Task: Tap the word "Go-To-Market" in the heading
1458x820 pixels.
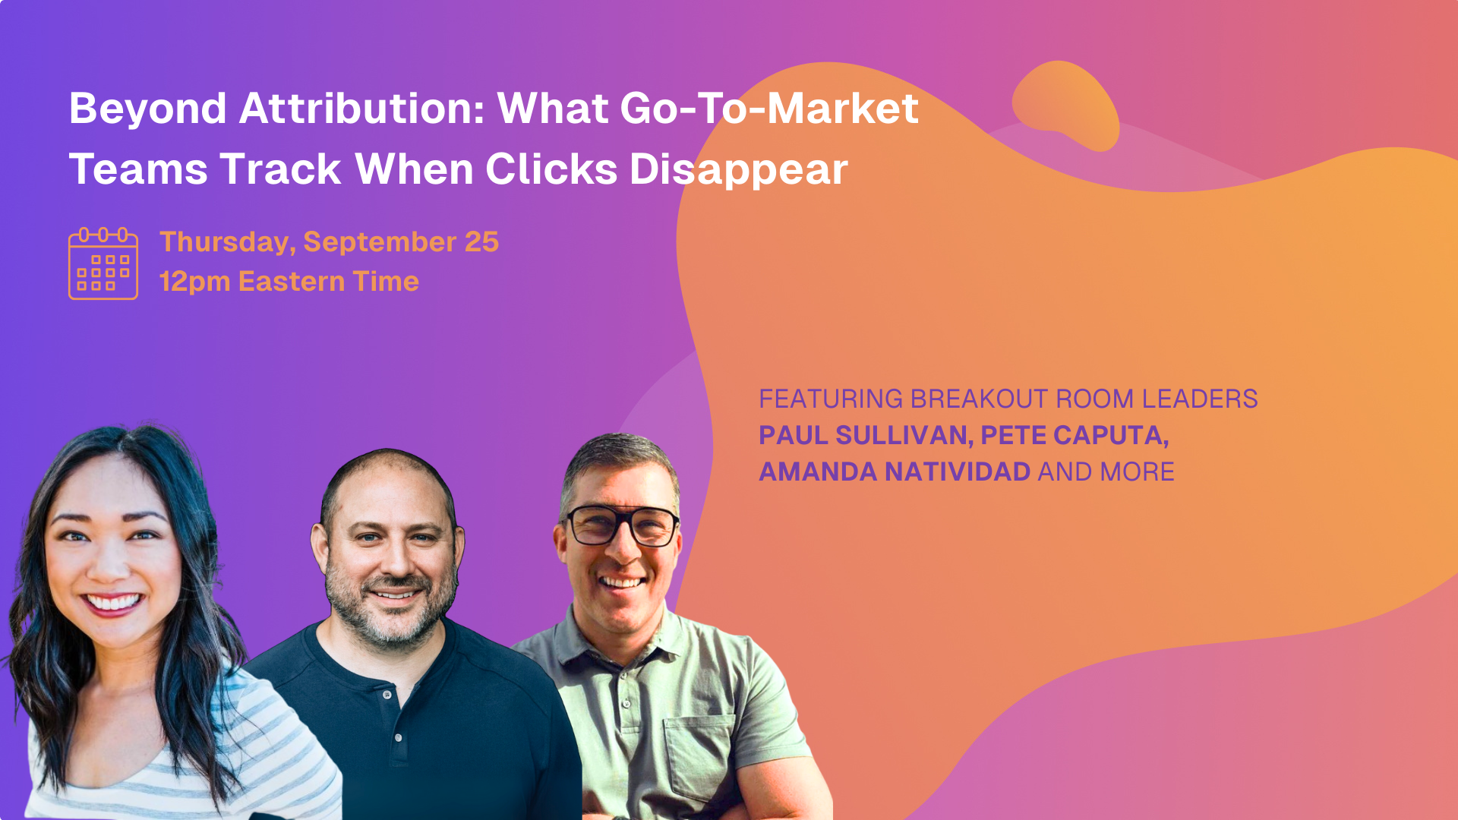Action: (769, 108)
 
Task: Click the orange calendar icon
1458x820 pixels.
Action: (103, 263)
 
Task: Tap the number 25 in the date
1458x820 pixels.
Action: (481, 242)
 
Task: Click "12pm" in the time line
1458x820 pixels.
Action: (194, 282)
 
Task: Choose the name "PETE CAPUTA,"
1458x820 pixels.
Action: (1075, 436)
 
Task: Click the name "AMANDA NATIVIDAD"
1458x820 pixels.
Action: (895, 471)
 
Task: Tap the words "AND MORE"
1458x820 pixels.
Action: (1106, 471)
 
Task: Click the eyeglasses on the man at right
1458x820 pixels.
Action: (623, 525)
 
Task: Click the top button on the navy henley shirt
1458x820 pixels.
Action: (387, 695)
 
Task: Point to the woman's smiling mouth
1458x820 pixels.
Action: (113, 603)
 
